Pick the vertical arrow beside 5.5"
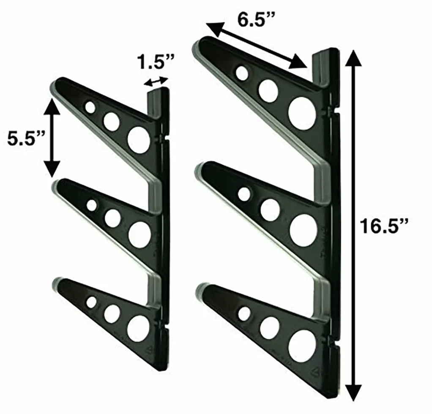52,138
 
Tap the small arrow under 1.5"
156,82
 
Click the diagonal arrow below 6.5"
257,45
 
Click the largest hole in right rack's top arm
302,110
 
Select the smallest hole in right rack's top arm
242,73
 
